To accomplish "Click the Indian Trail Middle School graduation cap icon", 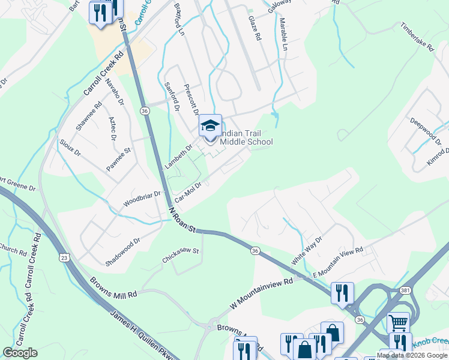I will (210, 126).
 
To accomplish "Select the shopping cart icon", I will (398, 323).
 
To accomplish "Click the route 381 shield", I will (406, 290).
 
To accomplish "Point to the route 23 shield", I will (64, 257).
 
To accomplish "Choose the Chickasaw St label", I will (180, 257).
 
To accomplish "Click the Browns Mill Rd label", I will (114, 290).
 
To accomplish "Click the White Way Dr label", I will (307, 251).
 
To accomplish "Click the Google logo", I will (20, 353).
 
